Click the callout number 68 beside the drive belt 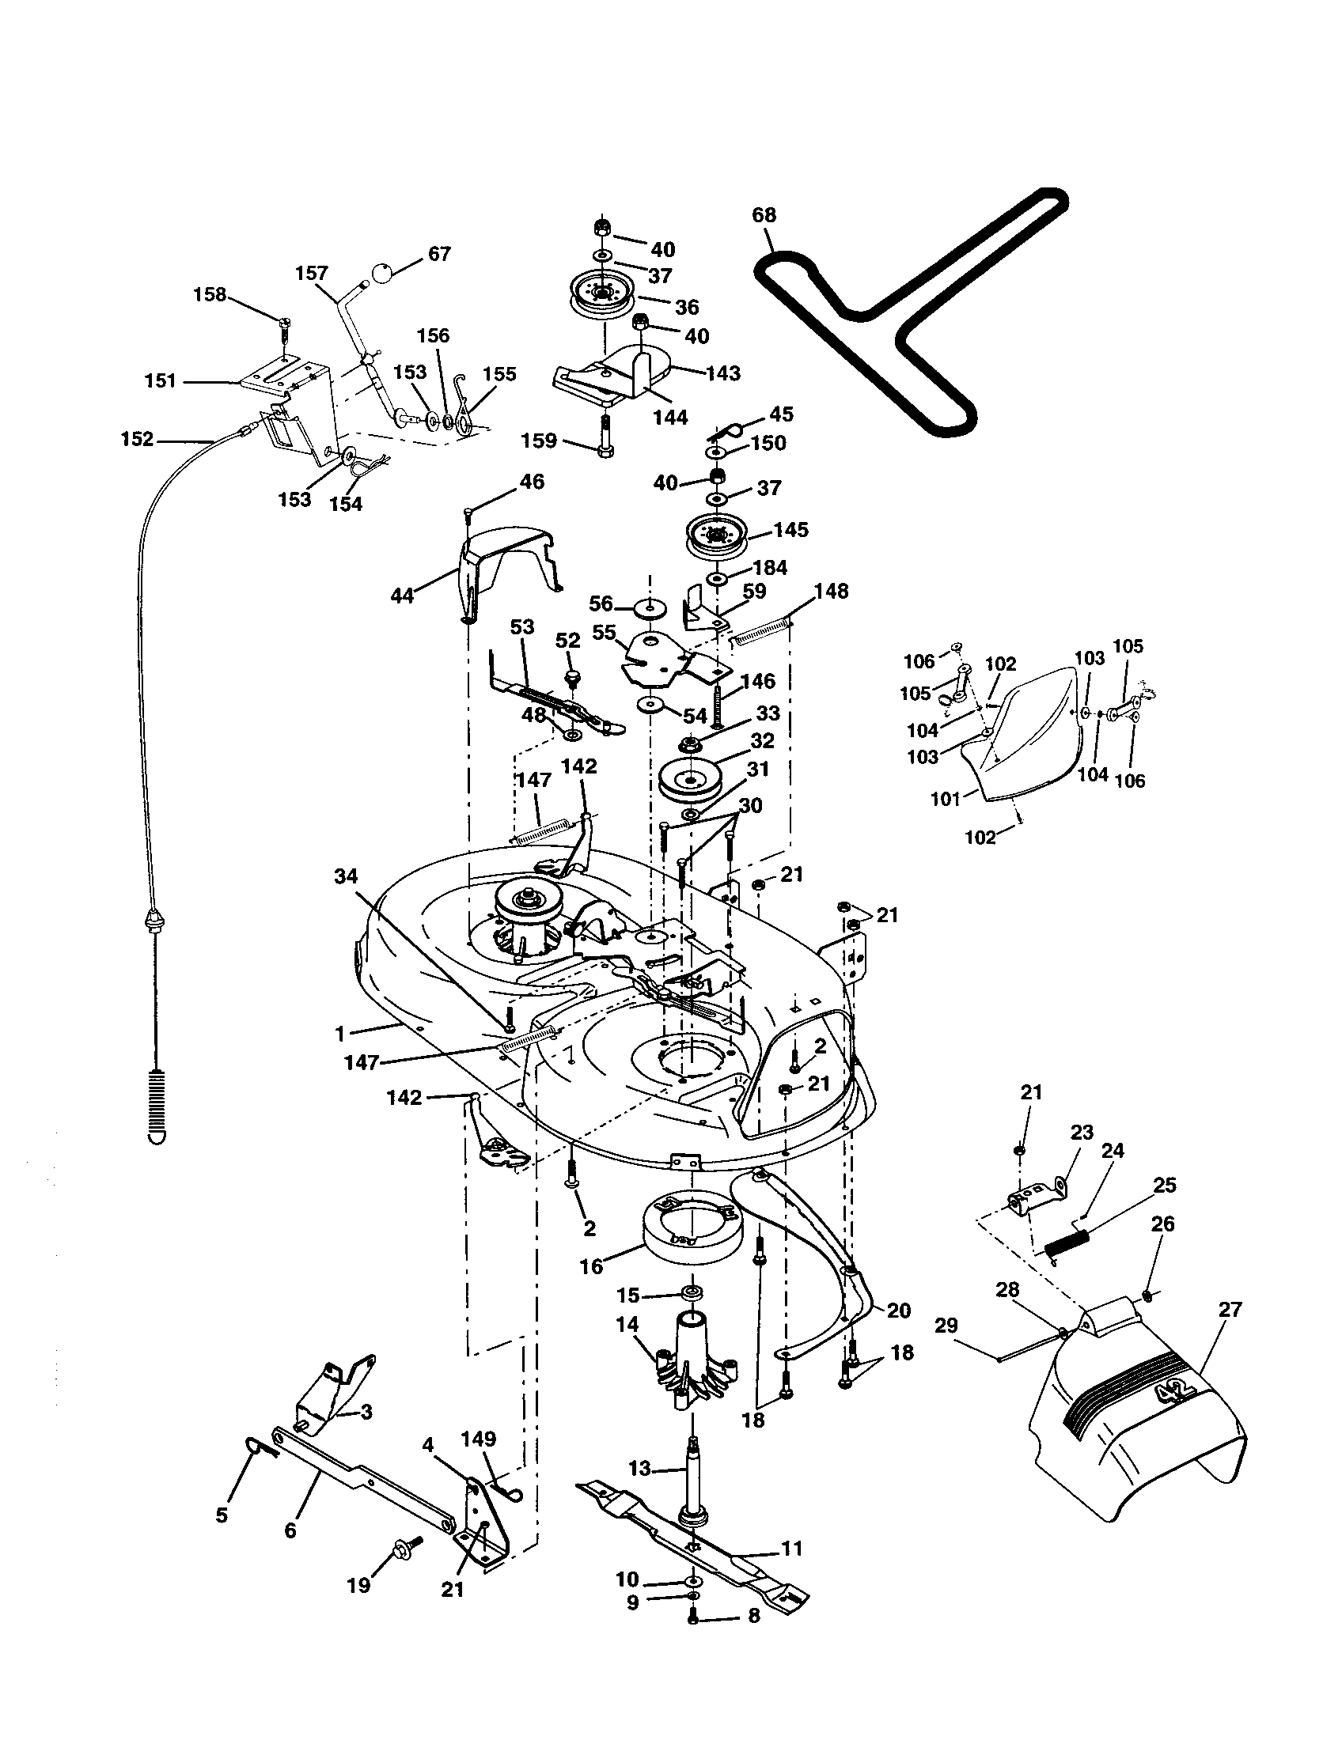[x=763, y=215]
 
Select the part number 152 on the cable [x=137, y=439]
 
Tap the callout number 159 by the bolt [x=538, y=441]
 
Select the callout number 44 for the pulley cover [x=403, y=594]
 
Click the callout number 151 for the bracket [x=160, y=381]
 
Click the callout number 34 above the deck [x=345, y=876]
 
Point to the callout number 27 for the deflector [x=1230, y=1309]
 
